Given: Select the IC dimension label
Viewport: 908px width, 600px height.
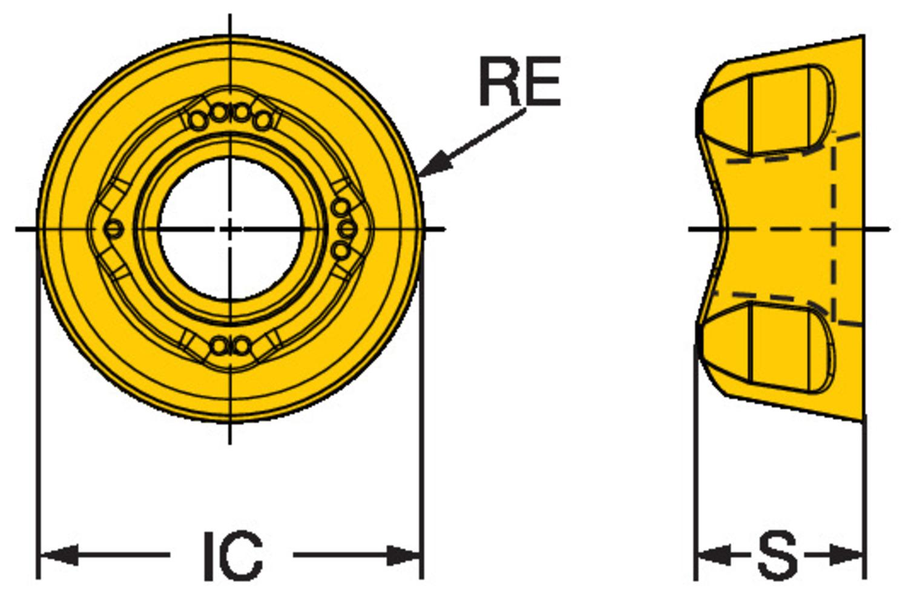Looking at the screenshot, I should pyautogui.click(x=232, y=555).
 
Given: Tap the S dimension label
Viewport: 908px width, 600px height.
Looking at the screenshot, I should pyautogui.click(x=777, y=555).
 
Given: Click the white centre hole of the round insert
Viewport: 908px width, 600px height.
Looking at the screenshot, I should pyautogui.click(x=230, y=229).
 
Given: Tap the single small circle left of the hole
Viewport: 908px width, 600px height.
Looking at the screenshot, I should pyautogui.click(x=113, y=229).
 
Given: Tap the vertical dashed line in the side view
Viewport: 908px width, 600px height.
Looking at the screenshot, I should pyautogui.click(x=834, y=230).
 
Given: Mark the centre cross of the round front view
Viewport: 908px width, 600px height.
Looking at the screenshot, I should pyautogui.click(x=230, y=229).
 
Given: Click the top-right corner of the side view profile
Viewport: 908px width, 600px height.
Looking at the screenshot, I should pyautogui.click(x=862, y=36).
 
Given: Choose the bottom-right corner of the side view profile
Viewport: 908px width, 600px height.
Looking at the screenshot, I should pyautogui.click(x=862, y=421).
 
